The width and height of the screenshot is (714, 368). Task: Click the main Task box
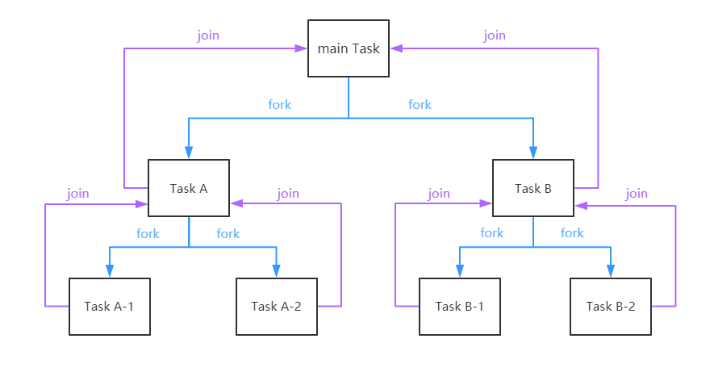tap(349, 48)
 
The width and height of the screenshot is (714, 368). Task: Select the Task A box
tap(189, 188)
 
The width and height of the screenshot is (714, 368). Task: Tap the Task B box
tap(532, 188)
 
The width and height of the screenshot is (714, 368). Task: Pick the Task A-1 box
tap(110, 306)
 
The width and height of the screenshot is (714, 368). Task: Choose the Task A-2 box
tap(276, 306)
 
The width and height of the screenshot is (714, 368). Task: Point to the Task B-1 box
tap(459, 306)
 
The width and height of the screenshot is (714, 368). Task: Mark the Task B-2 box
tap(610, 306)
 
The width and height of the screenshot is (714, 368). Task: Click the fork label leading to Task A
tap(279, 105)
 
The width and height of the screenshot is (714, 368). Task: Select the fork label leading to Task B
tap(420, 105)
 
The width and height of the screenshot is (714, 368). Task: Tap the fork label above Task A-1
tap(148, 234)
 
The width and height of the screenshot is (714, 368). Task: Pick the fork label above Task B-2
tap(572, 233)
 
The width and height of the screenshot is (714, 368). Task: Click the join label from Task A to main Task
tap(208, 36)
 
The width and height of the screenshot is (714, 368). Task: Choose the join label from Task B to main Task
tap(495, 36)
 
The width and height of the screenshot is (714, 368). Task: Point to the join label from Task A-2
tap(288, 194)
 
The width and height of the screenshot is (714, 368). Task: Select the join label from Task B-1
tap(439, 194)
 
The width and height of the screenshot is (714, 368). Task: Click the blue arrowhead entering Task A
tap(189, 153)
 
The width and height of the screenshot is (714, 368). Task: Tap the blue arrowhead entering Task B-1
tap(459, 272)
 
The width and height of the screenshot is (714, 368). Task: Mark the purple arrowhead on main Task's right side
tap(395, 48)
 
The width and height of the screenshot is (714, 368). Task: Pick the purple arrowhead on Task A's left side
tap(142, 204)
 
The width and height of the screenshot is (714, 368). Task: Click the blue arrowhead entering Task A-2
tap(276, 272)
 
